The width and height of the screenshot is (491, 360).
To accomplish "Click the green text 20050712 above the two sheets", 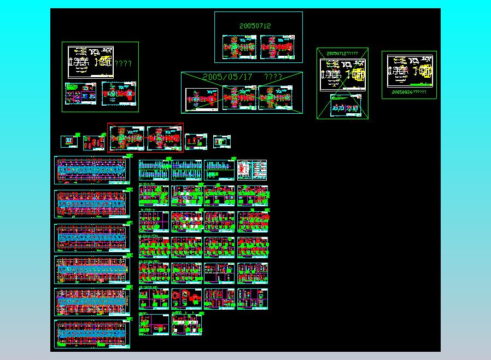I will click(255, 26).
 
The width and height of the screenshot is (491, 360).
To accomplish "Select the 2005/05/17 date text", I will click(227, 77).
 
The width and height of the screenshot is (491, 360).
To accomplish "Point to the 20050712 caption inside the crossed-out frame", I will click(342, 54).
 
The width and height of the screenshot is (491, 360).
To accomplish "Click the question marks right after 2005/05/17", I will click(273, 77).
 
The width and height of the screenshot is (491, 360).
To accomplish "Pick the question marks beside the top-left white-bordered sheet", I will click(123, 63).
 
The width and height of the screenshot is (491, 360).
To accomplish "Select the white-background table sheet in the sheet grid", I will click(252, 170).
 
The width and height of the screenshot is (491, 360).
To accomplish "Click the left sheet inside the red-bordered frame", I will click(127, 137).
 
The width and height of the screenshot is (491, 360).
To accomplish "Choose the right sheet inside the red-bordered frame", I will click(164, 137).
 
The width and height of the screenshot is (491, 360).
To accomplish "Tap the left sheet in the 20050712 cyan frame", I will click(239, 47).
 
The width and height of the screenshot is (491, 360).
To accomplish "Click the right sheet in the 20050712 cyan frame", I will click(277, 47).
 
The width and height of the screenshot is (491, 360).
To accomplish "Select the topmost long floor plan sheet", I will click(92, 170).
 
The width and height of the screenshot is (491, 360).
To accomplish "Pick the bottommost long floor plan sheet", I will click(92, 333).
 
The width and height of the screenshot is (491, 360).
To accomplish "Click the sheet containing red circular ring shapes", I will click(186, 299).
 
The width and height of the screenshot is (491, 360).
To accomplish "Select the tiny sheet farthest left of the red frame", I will click(69, 141).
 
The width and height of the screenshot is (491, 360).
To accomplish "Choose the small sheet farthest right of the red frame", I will click(222, 142).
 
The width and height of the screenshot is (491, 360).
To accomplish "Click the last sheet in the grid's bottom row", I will click(186, 323).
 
